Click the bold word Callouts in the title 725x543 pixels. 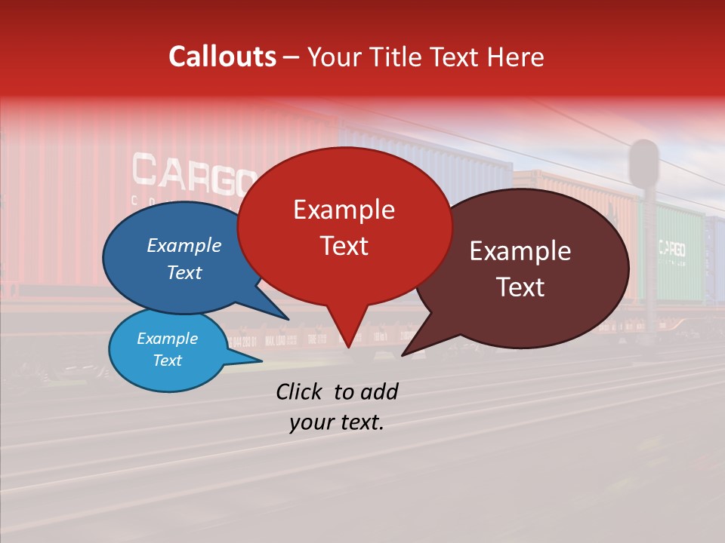coord(222,57)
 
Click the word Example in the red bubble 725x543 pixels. coord(344,210)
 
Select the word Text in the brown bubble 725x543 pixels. coord(520,287)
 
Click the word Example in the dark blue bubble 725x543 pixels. coord(184,246)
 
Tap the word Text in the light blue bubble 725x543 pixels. coord(167,360)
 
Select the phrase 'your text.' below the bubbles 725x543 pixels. coord(337,422)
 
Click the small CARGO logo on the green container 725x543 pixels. coord(671,249)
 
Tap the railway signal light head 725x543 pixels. coord(644,162)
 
